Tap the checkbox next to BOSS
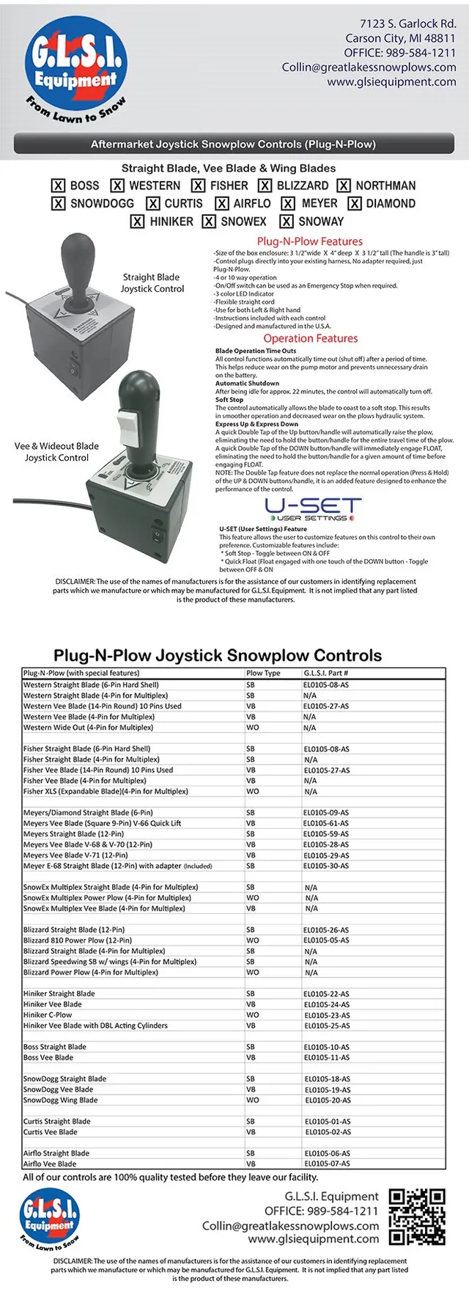coord(59,186)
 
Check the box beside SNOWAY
coord(287,222)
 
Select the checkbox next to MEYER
coord(288,204)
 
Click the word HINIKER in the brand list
coord(171,222)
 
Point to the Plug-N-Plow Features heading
coord(309,241)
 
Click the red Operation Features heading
coord(311,338)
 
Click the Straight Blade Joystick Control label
coord(151,282)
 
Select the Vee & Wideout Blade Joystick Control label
coord(56,451)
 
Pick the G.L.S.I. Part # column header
coord(326,673)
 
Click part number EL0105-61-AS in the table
coord(326,823)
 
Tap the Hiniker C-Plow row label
coord(48,1015)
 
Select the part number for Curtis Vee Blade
coord(328,1132)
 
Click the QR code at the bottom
coord(416,1217)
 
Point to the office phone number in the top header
coord(399,53)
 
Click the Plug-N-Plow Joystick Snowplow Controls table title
coord(218,655)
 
